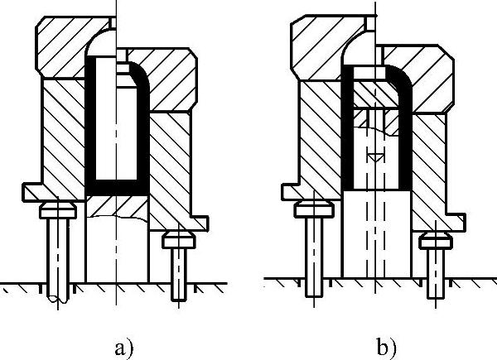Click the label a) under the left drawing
123,346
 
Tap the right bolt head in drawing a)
176,241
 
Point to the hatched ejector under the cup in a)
117,204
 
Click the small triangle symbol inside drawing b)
375,155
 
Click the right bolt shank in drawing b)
433,269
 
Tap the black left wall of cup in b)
349,132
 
